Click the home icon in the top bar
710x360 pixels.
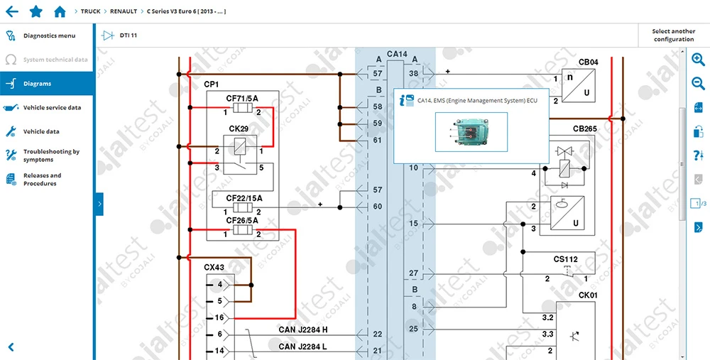(60, 11)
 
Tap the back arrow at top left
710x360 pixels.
(12, 11)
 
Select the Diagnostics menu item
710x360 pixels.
(48, 36)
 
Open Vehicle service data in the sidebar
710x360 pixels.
(52, 108)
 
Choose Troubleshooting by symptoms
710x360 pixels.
(51, 156)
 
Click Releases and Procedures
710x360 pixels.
(42, 180)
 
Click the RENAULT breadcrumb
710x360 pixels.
(123, 11)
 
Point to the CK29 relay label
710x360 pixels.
(239, 129)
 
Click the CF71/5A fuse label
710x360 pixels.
(242, 98)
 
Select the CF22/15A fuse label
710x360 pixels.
(244, 198)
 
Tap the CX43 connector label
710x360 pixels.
(214, 268)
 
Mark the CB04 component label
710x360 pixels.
(589, 62)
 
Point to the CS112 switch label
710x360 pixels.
(565, 258)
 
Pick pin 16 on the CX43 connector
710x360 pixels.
(220, 318)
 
